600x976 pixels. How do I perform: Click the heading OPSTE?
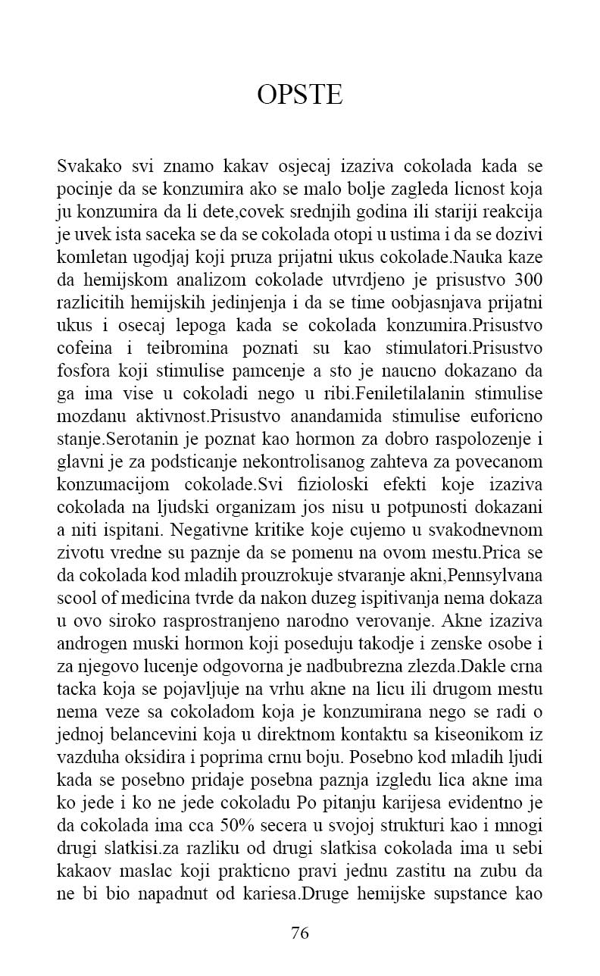coord(299,95)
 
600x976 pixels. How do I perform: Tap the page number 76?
coord(300,933)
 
